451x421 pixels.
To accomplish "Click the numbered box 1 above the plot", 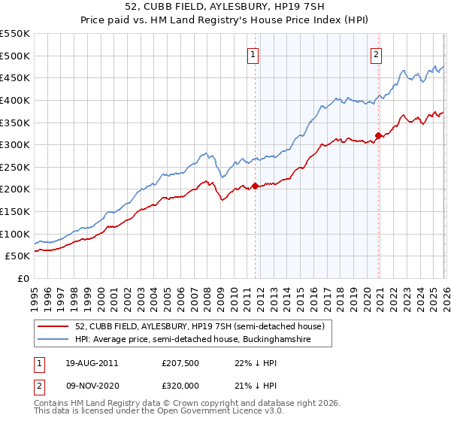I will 253,53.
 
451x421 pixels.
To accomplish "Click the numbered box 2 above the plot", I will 376,53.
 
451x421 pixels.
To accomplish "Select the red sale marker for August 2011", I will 255,186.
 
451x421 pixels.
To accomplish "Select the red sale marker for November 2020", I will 378,135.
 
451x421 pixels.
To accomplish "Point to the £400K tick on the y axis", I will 15,100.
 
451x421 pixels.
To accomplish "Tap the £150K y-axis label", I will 15,212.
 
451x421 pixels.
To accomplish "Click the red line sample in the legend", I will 53,326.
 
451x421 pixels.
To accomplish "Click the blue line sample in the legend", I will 53,340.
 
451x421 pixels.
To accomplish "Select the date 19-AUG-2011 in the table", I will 90,363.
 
